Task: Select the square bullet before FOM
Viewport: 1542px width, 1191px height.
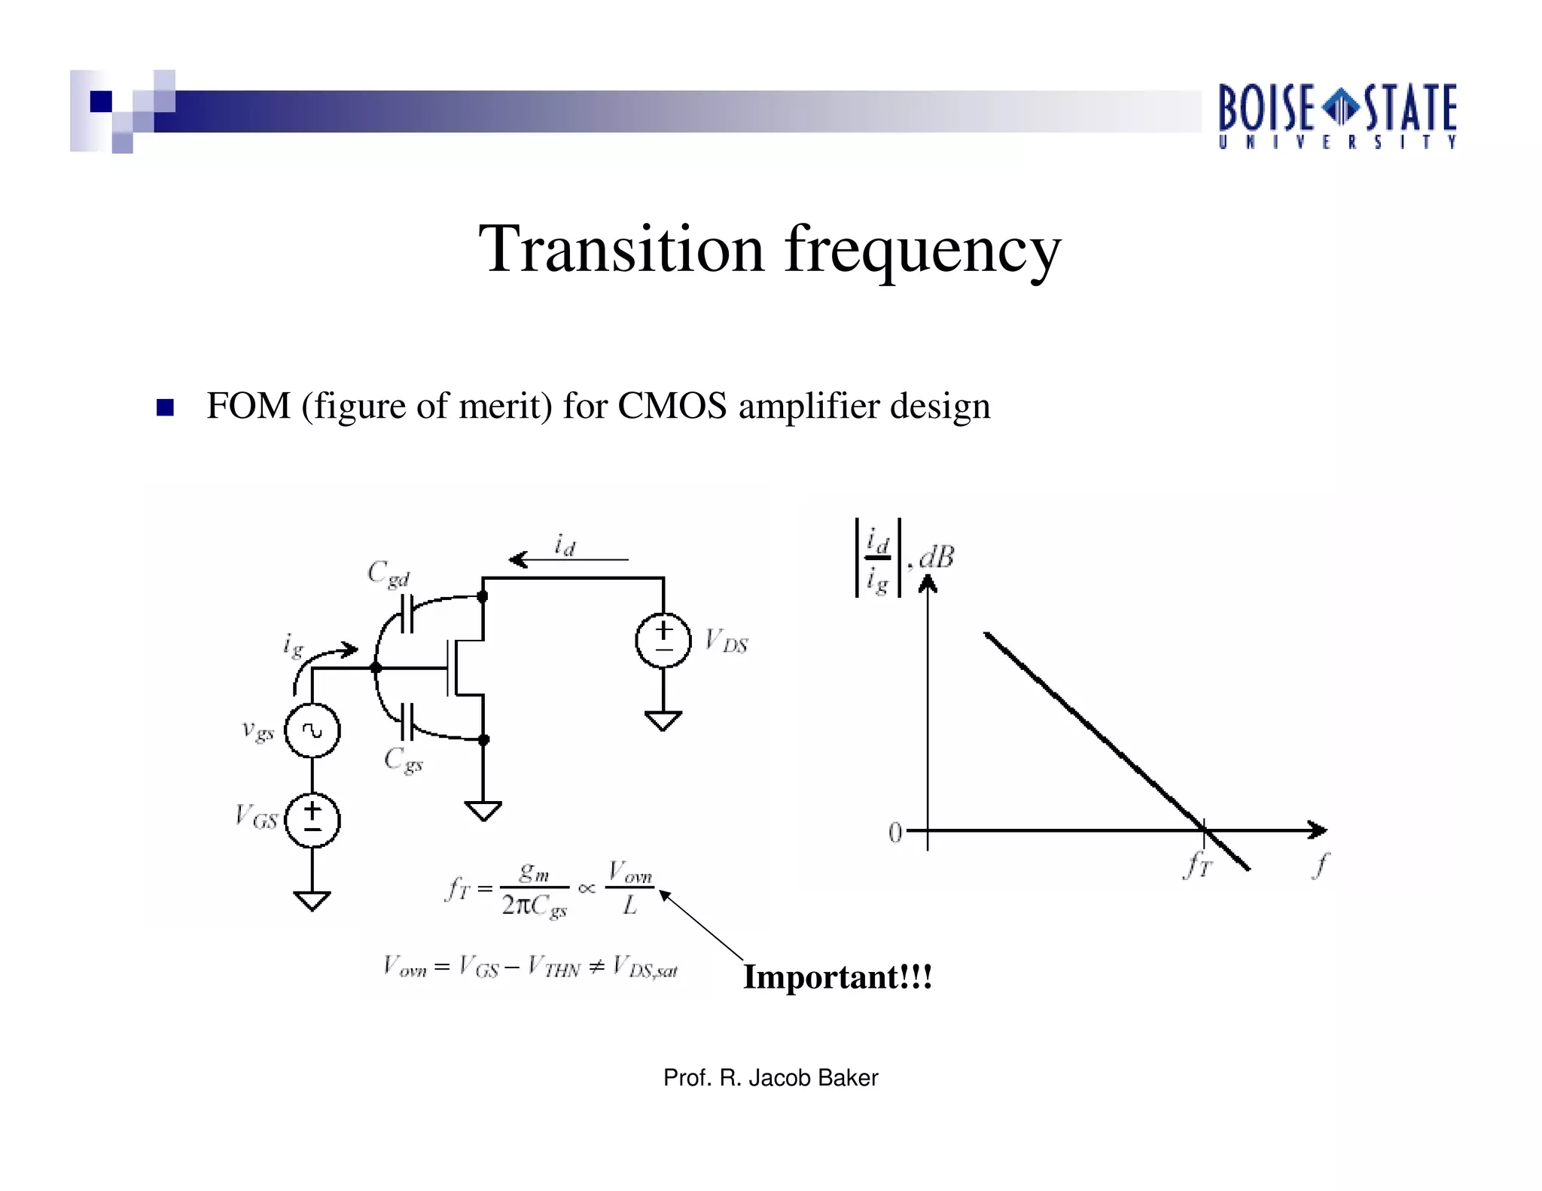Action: click(x=165, y=407)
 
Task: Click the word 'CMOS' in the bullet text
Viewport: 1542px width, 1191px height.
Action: click(x=672, y=407)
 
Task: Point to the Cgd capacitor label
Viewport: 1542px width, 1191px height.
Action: click(x=389, y=575)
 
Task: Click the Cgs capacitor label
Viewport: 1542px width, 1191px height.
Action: click(x=403, y=760)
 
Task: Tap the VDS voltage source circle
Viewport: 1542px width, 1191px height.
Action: click(x=663, y=640)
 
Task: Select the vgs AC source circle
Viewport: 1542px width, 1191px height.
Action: click(x=312, y=730)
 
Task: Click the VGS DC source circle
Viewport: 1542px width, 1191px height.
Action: click(x=312, y=820)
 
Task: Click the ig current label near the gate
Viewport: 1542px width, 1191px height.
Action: click(x=293, y=646)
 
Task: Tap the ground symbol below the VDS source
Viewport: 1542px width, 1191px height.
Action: click(x=663, y=720)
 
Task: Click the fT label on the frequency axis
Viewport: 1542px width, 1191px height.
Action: click(x=1197, y=866)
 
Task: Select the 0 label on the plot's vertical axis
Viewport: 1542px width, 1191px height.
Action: click(x=894, y=832)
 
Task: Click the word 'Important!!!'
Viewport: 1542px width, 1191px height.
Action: click(x=837, y=977)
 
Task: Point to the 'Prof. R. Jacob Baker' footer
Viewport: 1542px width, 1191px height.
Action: click(x=770, y=1078)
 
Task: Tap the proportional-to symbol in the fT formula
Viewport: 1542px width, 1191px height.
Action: click(x=587, y=889)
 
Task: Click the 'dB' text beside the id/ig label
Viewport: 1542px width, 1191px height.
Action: click(x=937, y=557)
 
